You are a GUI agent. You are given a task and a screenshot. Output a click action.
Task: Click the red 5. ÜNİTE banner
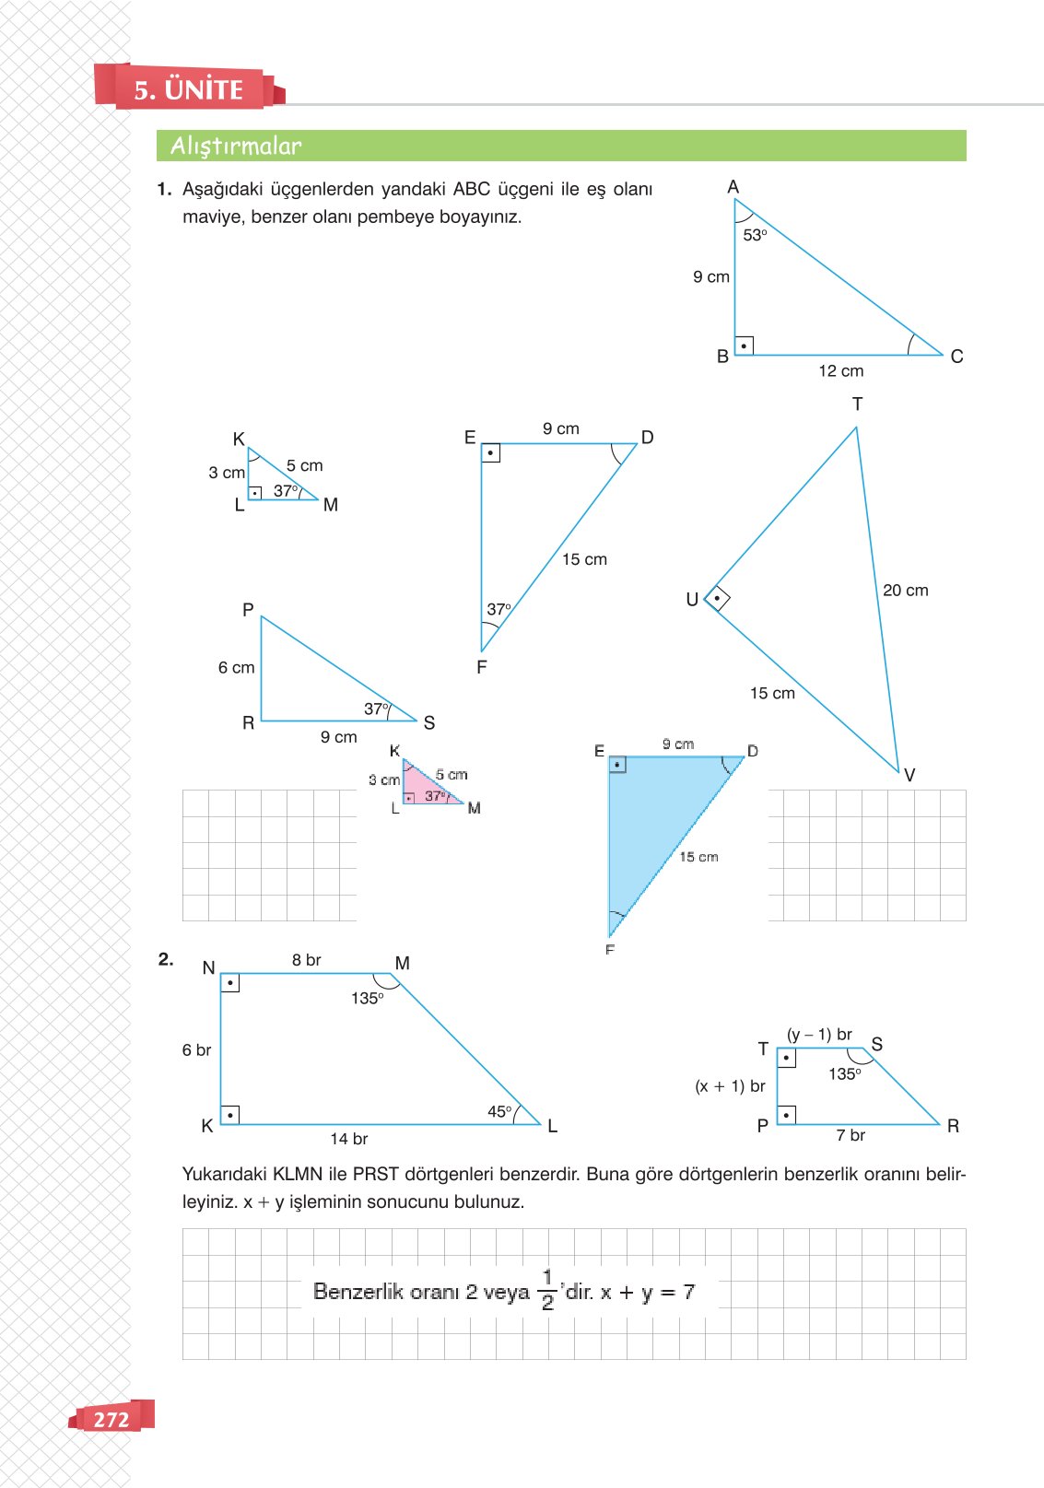(188, 88)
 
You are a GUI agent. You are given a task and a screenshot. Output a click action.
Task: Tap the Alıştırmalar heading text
(236, 146)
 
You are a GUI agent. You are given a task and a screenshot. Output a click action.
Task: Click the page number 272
(111, 1419)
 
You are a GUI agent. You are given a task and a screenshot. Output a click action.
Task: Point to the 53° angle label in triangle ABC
(755, 235)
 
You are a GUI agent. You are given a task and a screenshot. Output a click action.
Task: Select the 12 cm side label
(840, 370)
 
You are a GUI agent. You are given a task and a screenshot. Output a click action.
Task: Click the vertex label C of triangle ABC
(956, 357)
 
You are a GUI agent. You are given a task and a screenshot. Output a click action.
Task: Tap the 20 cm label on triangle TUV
(905, 590)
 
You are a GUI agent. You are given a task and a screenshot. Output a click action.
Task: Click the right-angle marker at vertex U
(717, 599)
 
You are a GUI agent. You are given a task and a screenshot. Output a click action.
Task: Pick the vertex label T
(857, 404)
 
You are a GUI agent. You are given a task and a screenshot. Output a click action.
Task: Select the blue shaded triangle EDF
(654, 820)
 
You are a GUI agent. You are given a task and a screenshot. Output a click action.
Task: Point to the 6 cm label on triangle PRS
(236, 667)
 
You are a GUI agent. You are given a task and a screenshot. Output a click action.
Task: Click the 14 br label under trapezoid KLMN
(348, 1139)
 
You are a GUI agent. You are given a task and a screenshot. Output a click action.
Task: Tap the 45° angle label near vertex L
(499, 1111)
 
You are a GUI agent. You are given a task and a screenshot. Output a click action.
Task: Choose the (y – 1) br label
(819, 1034)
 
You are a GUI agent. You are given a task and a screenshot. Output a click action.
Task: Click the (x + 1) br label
(730, 1085)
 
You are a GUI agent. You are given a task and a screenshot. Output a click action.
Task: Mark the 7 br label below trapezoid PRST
(850, 1135)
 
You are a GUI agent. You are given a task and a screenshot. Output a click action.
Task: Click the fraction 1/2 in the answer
(547, 1290)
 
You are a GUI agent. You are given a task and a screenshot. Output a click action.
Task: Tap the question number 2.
(166, 959)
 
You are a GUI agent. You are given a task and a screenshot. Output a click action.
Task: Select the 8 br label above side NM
(306, 959)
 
